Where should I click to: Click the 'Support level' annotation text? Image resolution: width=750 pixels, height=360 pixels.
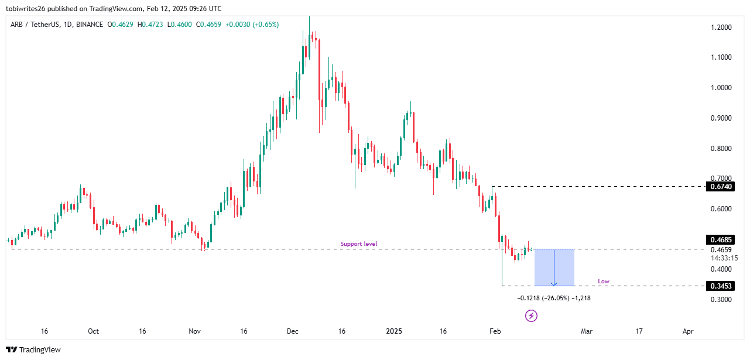tap(359, 244)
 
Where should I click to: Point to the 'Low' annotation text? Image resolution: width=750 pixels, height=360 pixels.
tap(603, 282)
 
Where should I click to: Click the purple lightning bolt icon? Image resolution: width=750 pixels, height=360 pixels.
tap(531, 316)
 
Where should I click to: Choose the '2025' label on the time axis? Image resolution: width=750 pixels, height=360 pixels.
tap(394, 331)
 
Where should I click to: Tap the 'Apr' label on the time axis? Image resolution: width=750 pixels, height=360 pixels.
tap(688, 331)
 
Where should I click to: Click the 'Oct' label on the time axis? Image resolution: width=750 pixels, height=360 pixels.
tap(93, 331)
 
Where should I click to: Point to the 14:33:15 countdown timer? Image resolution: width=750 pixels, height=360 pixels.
tap(724, 258)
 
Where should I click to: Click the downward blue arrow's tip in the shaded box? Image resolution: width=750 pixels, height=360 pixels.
tap(553, 284)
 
